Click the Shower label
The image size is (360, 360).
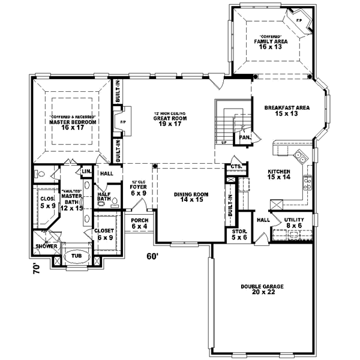(x=46, y=246)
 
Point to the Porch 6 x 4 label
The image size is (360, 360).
(x=139, y=223)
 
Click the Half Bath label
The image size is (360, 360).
(x=104, y=196)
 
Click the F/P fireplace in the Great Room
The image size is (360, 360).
(x=122, y=122)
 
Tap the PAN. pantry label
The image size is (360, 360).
(x=244, y=137)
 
